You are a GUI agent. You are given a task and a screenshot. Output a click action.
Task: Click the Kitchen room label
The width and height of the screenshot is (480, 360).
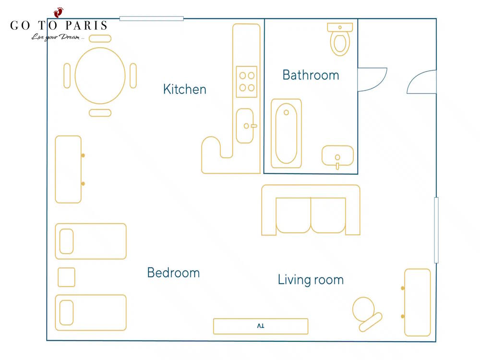pyautogui.click(x=185, y=89)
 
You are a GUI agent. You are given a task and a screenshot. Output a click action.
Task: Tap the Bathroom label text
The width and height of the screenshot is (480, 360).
pyautogui.click(x=311, y=75)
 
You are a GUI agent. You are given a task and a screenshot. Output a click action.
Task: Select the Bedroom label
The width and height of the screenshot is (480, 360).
pyautogui.click(x=173, y=273)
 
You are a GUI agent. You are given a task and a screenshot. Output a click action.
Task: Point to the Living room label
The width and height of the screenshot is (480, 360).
pyautogui.click(x=311, y=280)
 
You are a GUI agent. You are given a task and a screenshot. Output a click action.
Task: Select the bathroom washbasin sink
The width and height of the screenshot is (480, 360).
pyautogui.click(x=337, y=156)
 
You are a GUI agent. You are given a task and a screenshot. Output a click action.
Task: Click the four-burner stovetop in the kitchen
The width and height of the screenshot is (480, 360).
pyautogui.click(x=247, y=82)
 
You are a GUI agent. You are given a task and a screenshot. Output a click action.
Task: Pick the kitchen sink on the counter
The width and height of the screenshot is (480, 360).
pyautogui.click(x=245, y=126)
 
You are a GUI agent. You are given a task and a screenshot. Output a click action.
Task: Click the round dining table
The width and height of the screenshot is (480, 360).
pyautogui.click(x=100, y=76)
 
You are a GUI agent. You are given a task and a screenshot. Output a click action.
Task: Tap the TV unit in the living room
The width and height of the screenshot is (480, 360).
pyautogui.click(x=261, y=326)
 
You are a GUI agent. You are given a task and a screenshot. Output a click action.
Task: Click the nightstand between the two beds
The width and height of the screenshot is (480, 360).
pyautogui.click(x=66, y=277)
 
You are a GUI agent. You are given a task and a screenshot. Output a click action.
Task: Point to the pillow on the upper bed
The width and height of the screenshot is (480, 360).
pyautogui.click(x=66, y=241)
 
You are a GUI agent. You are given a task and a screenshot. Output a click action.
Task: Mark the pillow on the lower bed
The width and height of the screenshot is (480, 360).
pyautogui.click(x=66, y=312)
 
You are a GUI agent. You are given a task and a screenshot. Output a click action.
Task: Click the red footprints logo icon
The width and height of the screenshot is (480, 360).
pyautogui.click(x=58, y=12)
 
